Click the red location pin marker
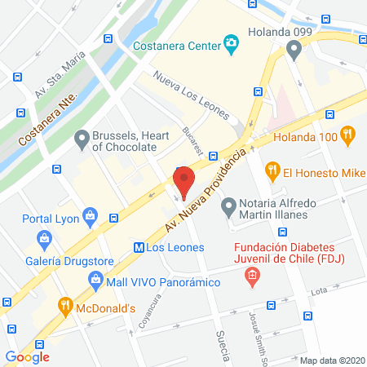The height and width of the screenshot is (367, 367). pos(183,181)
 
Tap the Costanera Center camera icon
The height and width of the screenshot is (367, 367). pos(232,42)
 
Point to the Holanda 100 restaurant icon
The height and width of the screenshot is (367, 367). pos(348,135)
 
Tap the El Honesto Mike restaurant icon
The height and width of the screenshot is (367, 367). pos(273,172)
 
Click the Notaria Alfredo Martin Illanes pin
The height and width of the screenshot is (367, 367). pos(229,203)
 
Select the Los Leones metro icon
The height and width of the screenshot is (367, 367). pos(139,247)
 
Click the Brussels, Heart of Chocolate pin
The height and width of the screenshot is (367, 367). pos(81,140)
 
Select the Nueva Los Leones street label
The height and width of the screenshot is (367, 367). pos(192,95)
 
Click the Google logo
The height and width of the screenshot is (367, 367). pos(28,356)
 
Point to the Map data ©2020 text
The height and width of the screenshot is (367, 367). pos(332,360)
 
